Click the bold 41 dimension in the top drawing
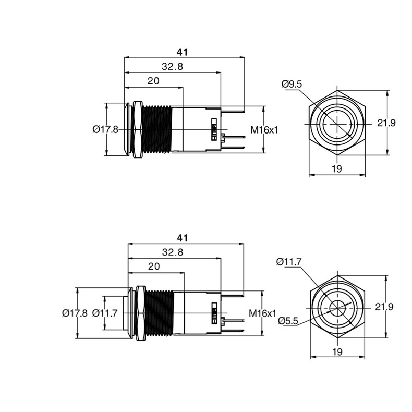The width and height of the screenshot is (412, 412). point(183,52)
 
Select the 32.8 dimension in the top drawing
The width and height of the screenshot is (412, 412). point(172,66)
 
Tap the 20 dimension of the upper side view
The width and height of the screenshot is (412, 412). point(153,81)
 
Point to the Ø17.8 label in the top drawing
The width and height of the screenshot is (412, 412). point(106,129)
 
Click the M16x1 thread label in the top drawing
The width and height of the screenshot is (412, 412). point(264,130)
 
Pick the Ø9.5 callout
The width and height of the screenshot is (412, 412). point(292,84)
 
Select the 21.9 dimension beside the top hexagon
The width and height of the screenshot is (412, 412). point(386,123)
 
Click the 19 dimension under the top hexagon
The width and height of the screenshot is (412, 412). point(337,168)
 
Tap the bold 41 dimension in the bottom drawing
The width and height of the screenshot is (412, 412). point(183,238)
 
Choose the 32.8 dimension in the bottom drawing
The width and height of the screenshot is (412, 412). point(173,252)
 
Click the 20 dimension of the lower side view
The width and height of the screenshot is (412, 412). point(154,266)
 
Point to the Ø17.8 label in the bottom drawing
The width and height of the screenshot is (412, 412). point(75,313)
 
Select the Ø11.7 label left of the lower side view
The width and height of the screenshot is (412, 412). point(105,313)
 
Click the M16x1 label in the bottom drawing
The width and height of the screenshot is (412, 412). point(263,313)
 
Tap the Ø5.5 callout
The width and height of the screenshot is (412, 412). point(288,321)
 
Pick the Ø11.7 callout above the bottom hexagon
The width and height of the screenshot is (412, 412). point(289,262)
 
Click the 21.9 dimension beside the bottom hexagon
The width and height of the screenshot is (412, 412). point(384,307)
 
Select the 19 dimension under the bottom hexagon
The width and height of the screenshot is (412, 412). point(337,352)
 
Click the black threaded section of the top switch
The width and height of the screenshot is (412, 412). point(156,129)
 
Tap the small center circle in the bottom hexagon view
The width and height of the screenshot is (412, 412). point(337,308)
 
